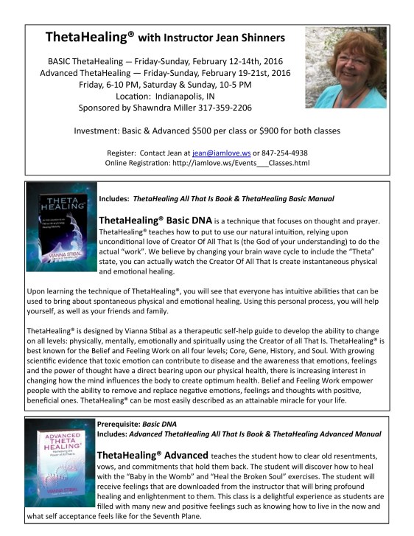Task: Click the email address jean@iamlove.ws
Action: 217,153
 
